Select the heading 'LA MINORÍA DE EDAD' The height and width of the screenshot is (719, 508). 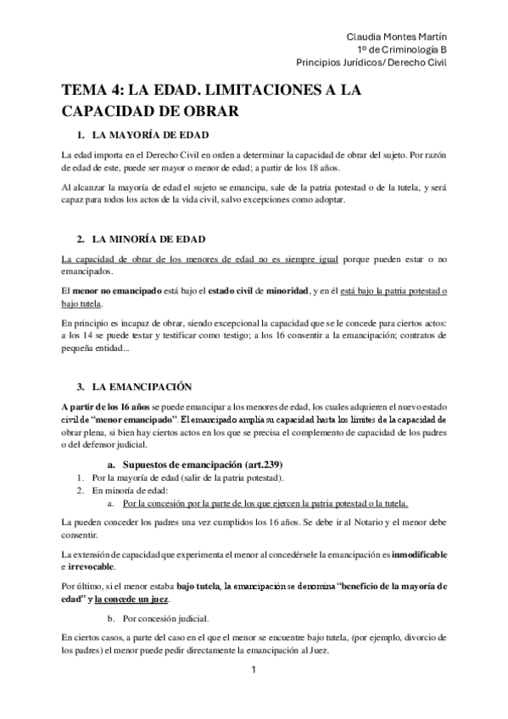pos(148,239)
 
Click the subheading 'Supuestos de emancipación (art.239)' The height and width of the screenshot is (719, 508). pos(203,464)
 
